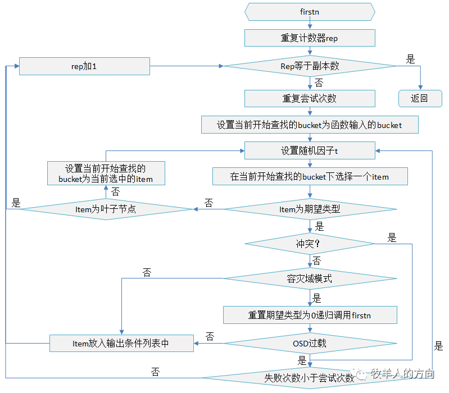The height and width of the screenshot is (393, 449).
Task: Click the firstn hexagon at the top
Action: click(310, 12)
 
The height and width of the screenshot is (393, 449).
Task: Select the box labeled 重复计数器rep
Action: click(310, 38)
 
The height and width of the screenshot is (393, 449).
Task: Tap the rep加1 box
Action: click(84, 66)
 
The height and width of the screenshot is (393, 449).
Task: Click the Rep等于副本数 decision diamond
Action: click(310, 66)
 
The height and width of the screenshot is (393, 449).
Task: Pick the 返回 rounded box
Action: click(420, 98)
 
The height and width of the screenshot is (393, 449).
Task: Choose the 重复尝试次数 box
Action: click(310, 98)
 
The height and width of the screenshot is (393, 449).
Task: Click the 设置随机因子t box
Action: click(310, 150)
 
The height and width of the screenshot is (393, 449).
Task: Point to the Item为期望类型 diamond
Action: click(310, 209)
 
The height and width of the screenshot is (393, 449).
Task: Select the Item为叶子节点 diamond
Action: click(106, 209)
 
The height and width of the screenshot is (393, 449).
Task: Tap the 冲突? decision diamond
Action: click(310, 244)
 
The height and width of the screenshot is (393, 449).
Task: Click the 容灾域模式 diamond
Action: click(310, 278)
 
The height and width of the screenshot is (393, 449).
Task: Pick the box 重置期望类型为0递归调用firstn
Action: click(310, 315)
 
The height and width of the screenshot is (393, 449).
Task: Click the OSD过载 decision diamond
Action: click(310, 343)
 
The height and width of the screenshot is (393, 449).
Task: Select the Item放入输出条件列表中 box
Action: click(121, 343)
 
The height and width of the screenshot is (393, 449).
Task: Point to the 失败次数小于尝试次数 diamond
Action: click(310, 378)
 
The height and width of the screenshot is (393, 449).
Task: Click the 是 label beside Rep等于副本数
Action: click(410, 59)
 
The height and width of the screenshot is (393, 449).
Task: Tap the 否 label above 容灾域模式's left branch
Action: click(147, 272)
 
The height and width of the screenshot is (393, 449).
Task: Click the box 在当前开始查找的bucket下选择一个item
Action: click(310, 176)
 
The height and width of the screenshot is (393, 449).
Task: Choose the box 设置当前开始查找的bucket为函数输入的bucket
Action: click(310, 125)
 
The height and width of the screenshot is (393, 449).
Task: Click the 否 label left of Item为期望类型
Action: click(208, 203)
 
